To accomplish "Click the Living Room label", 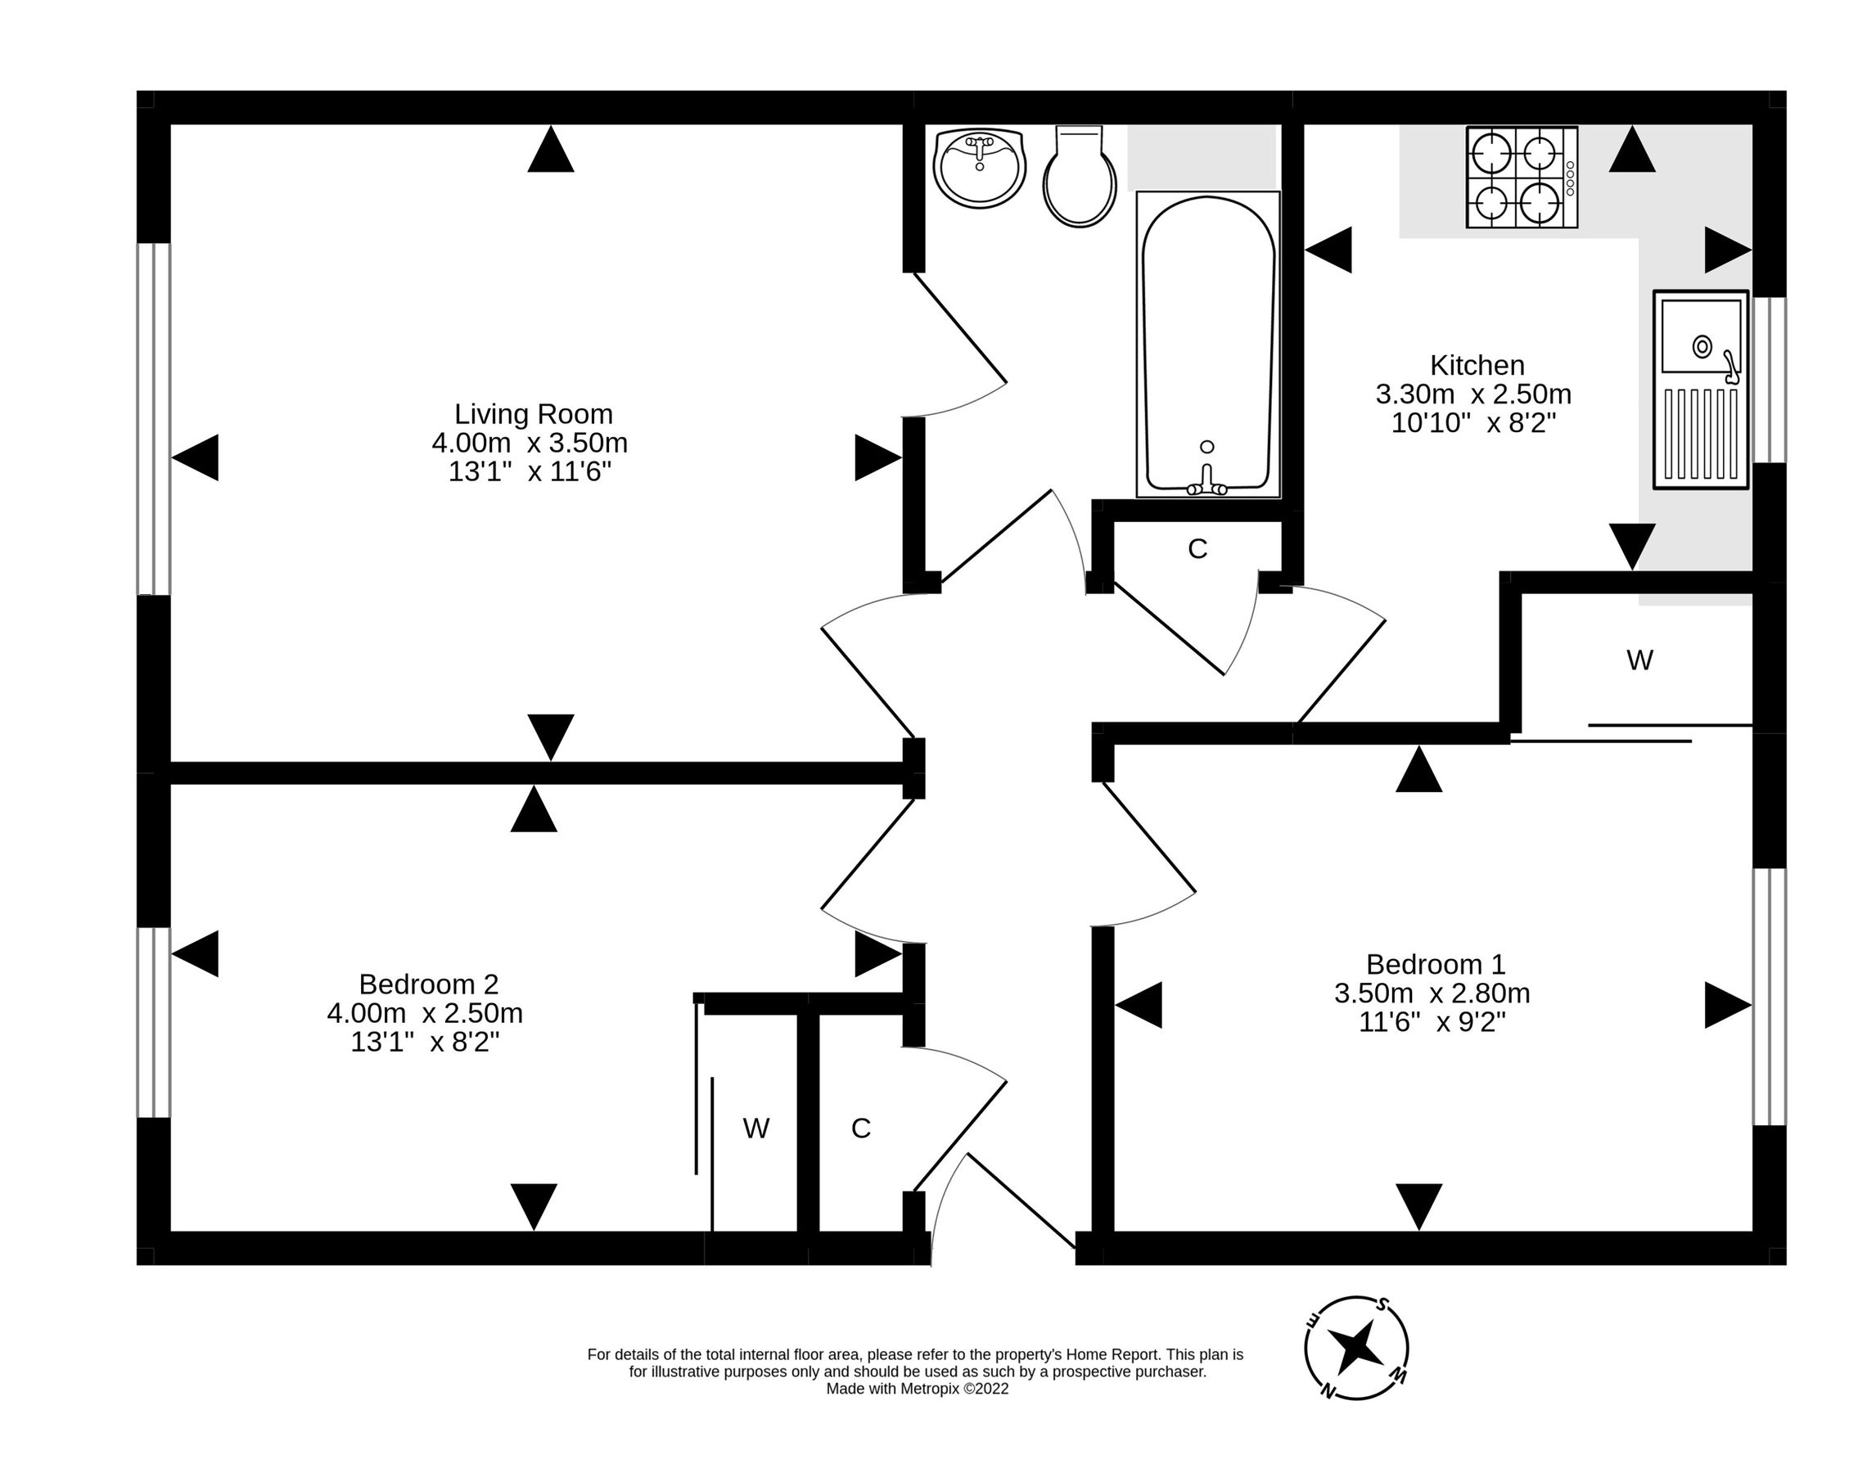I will [533, 414].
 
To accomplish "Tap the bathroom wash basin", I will [979, 169].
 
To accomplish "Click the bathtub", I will [1207, 345].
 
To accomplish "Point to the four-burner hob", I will [1522, 178].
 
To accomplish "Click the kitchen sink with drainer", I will [1700, 390].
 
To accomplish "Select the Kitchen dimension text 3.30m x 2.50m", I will [1473, 395].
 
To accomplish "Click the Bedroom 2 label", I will [429, 984].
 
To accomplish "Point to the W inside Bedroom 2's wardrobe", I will [755, 1128].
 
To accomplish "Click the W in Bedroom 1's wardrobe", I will [1639, 660].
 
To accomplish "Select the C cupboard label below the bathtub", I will [1197, 549].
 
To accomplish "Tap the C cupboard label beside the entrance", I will [861, 1128].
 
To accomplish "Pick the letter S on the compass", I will [1382, 1303].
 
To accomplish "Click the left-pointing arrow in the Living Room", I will [196, 457].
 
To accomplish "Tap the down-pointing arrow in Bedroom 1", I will [1418, 1206].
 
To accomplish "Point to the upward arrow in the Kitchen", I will [1632, 150].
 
